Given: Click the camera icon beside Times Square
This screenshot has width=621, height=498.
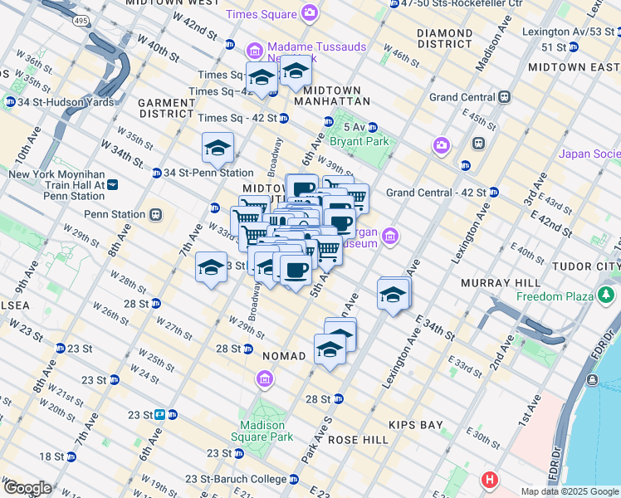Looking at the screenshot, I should click(310, 12).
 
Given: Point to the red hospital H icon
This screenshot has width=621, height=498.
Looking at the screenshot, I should click(491, 480).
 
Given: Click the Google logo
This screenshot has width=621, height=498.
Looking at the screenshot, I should click(27, 488).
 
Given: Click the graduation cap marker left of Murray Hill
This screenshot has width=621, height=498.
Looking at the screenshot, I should click(393, 295).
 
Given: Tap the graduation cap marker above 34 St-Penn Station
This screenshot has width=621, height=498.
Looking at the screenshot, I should click(218, 149).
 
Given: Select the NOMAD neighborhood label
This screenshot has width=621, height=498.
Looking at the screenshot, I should click(285, 355).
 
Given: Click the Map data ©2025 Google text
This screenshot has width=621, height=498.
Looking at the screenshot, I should click(569, 491).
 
